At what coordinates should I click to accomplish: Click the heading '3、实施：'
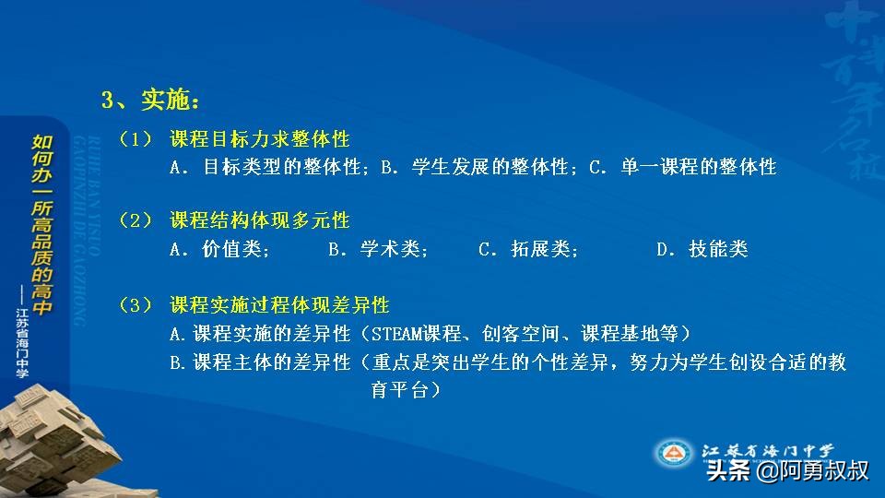click(149, 99)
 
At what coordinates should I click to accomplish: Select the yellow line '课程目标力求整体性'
click(259, 139)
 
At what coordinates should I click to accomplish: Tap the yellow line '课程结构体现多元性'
click(259, 221)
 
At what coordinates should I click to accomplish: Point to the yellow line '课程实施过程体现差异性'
click(279, 305)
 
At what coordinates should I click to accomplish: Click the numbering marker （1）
click(135, 139)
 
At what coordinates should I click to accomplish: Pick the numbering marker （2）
click(135, 221)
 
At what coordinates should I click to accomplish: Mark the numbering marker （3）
click(135, 305)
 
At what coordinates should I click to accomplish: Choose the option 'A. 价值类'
click(219, 249)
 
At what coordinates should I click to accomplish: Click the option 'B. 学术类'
click(378, 249)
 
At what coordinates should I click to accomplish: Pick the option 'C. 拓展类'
click(528, 249)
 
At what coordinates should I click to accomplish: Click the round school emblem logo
click(674, 453)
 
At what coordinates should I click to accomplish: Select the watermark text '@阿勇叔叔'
click(811, 471)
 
